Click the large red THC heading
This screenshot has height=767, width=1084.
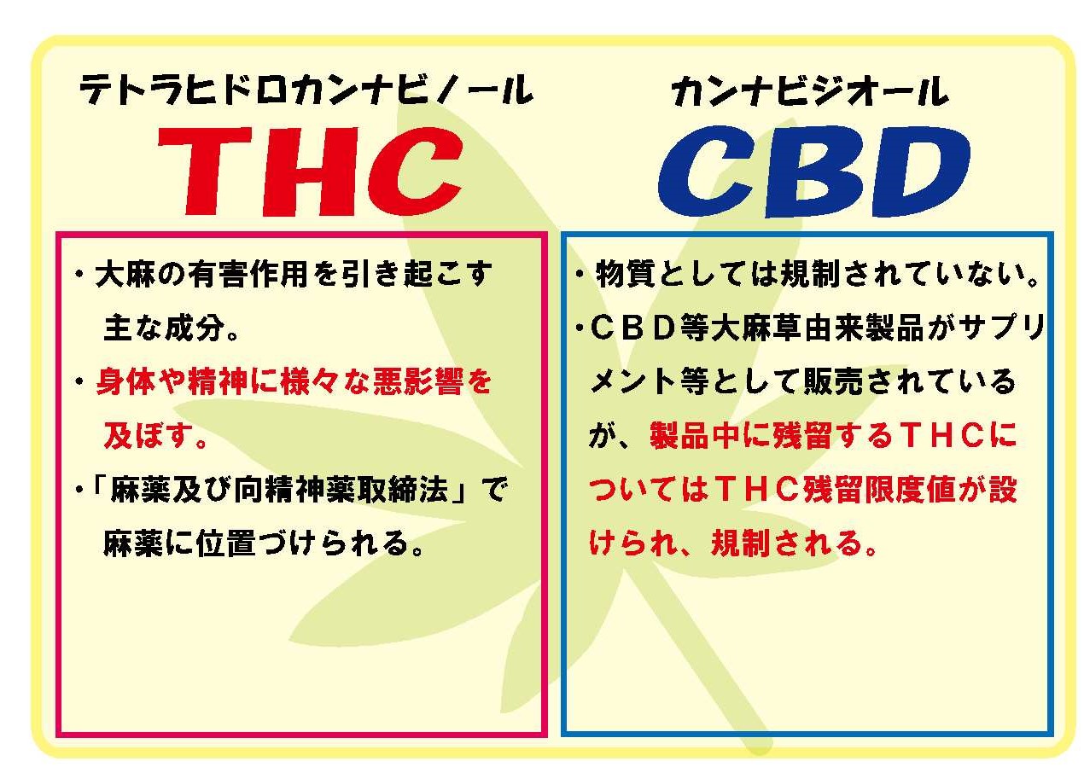click(x=310, y=171)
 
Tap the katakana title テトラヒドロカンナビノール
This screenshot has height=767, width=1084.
click(x=306, y=90)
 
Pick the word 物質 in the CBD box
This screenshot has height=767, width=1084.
click(x=625, y=274)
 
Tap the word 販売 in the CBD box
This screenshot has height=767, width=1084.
click(x=833, y=381)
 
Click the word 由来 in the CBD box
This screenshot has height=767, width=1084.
click(x=833, y=328)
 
